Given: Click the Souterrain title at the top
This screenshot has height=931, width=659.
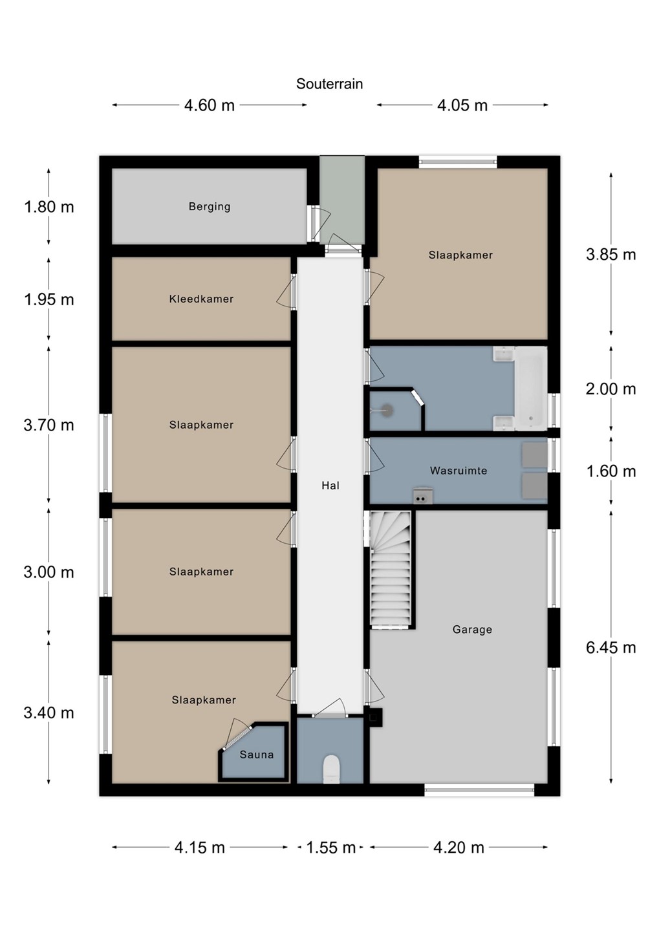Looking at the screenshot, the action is (x=329, y=84).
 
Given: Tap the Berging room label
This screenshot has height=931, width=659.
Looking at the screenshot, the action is (x=210, y=207).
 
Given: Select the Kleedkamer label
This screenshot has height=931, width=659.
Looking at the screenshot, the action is (x=201, y=299).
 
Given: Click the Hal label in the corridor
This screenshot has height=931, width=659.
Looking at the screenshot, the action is (x=330, y=485).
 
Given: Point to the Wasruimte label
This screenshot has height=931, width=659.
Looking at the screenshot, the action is (x=459, y=471).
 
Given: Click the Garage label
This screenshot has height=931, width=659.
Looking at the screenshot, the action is (x=472, y=630).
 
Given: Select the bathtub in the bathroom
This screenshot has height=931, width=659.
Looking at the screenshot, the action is (x=531, y=388).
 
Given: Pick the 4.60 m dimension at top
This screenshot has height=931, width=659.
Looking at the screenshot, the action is (x=210, y=105).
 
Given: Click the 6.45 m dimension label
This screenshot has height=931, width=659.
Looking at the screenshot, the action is (x=610, y=648).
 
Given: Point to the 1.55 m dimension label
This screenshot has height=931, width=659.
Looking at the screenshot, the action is (x=331, y=848).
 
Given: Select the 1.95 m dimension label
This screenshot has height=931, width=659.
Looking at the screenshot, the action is (x=49, y=299).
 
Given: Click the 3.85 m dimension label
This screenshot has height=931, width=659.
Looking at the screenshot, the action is (x=610, y=254).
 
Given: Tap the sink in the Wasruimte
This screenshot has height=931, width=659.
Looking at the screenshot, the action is (x=423, y=495).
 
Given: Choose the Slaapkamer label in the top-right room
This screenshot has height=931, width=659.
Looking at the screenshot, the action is (x=460, y=255).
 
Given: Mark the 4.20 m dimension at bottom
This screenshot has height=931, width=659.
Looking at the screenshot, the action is (x=459, y=848).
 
